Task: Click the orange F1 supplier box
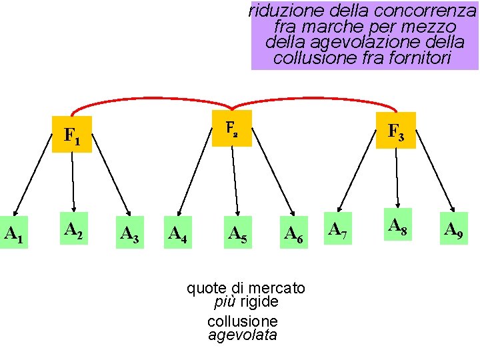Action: [72, 135]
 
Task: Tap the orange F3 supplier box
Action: [396, 131]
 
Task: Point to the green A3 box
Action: [129, 233]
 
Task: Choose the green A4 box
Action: [177, 233]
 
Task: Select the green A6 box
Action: [295, 233]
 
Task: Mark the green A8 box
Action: [398, 227]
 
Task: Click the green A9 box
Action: [454, 230]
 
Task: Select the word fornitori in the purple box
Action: [422, 59]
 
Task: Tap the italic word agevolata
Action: [242, 335]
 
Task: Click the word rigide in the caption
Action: [260, 302]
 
